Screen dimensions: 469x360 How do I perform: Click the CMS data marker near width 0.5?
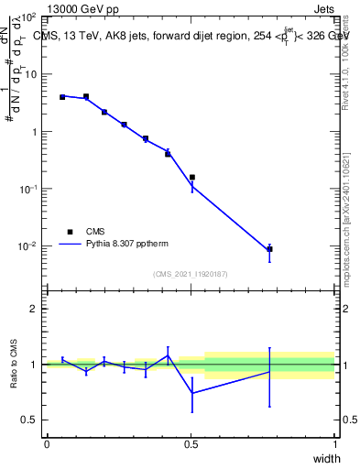tap(191, 178)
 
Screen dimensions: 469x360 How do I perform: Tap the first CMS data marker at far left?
tap(62, 97)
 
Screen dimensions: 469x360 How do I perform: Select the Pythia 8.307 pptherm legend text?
tap(129, 245)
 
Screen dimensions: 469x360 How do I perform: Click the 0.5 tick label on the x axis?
tap(191, 444)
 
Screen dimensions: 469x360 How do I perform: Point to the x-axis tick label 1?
tap(335, 444)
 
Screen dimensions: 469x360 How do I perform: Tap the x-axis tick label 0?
tap(47, 444)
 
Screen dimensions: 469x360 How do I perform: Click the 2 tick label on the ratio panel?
tap(34, 309)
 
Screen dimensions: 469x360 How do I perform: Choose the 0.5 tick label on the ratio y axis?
tap(29, 420)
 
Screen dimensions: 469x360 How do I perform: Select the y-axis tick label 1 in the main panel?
tap(34, 132)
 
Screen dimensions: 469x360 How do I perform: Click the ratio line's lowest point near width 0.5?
tap(191, 393)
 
